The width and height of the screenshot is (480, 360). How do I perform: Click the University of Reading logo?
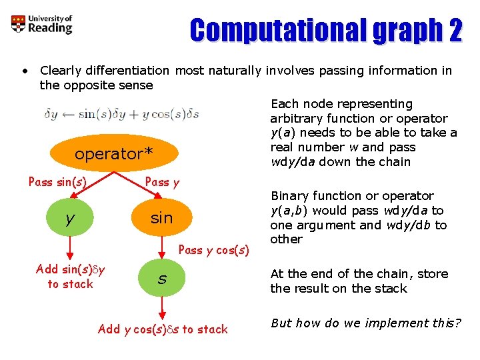pos(41,25)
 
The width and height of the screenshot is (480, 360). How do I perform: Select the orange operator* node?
pos(113,154)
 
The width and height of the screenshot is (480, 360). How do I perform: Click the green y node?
pos(70,218)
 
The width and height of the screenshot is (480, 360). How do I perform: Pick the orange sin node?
pos(161,218)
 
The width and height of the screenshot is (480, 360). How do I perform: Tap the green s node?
pos(161,279)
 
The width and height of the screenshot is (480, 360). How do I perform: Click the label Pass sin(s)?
pos(57,181)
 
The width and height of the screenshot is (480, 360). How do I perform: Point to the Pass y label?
pos(162,181)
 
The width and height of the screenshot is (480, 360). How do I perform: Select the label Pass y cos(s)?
pos(214,250)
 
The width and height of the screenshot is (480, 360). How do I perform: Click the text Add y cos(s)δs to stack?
pos(163,329)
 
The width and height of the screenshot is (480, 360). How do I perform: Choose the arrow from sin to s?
pos(161,248)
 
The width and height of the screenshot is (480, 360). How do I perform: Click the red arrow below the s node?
pos(161,309)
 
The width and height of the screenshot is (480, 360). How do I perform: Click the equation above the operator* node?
pos(121,115)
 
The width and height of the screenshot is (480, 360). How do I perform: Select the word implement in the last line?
pos(393,323)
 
